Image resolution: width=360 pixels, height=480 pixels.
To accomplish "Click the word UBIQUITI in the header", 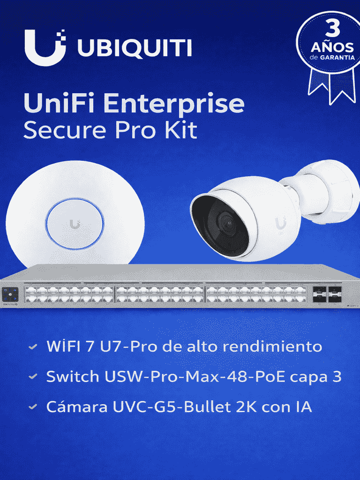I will [135, 48].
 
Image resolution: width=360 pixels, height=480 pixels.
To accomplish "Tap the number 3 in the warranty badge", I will [332, 30].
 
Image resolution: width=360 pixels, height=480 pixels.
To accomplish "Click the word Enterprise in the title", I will [174, 104].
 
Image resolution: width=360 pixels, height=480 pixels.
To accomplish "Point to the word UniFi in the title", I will [59, 104].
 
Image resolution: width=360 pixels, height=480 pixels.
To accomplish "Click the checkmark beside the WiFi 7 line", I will [32, 348].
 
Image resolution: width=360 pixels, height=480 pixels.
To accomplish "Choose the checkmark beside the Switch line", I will [32, 377].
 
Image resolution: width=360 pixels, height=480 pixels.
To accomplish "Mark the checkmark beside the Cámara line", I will [32, 407].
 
